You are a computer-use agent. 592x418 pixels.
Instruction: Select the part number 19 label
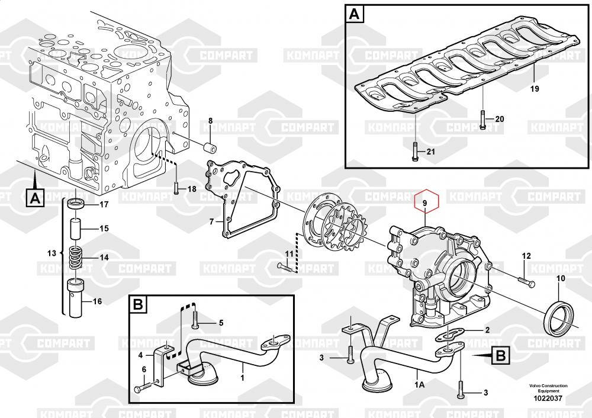tap(534, 89)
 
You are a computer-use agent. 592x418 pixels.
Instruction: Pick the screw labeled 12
tap(526, 281)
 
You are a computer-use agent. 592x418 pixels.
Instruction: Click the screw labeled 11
tap(286, 268)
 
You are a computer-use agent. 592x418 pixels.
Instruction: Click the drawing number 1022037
tap(548, 398)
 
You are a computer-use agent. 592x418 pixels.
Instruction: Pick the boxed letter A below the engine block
tap(35, 198)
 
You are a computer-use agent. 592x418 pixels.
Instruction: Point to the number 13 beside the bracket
tap(52, 253)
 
